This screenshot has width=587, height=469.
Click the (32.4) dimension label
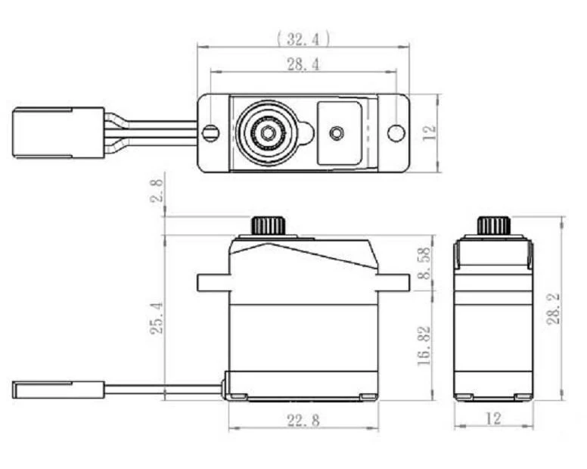click(x=303, y=39)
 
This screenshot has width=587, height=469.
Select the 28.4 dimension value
click(x=303, y=64)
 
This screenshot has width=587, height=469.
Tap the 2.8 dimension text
click(x=157, y=191)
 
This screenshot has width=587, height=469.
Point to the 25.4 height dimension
click(x=157, y=318)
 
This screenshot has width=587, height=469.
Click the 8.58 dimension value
click(x=424, y=263)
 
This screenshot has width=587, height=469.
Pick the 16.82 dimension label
click(x=424, y=346)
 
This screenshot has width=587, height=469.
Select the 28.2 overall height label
click(x=554, y=309)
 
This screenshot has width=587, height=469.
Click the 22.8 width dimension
click(x=303, y=420)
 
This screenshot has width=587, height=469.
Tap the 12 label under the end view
click(x=493, y=418)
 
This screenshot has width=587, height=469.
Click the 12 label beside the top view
click(x=430, y=132)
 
